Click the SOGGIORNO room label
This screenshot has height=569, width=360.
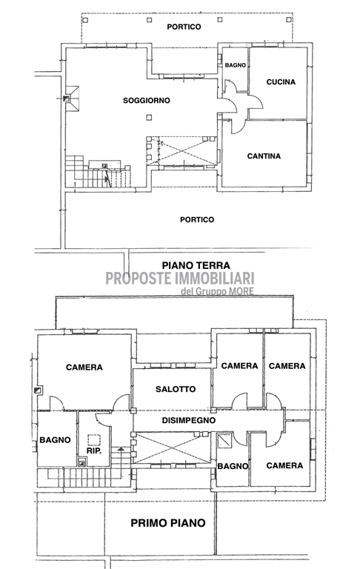(x=147, y=100)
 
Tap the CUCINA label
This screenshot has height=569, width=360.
(x=279, y=81)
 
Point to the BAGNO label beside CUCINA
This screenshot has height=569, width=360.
(x=236, y=66)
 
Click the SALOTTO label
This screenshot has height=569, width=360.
(x=175, y=389)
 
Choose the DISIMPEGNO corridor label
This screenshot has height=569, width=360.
(x=189, y=419)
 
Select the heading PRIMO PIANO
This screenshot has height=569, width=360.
(x=167, y=522)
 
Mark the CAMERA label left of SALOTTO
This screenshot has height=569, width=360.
(x=83, y=367)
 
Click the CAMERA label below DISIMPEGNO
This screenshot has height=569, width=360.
(x=284, y=465)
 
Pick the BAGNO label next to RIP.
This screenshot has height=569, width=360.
(x=56, y=439)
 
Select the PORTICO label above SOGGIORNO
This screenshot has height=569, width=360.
(x=184, y=26)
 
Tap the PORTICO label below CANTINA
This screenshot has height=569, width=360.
(x=196, y=219)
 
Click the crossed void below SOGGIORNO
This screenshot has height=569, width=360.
(x=181, y=151)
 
